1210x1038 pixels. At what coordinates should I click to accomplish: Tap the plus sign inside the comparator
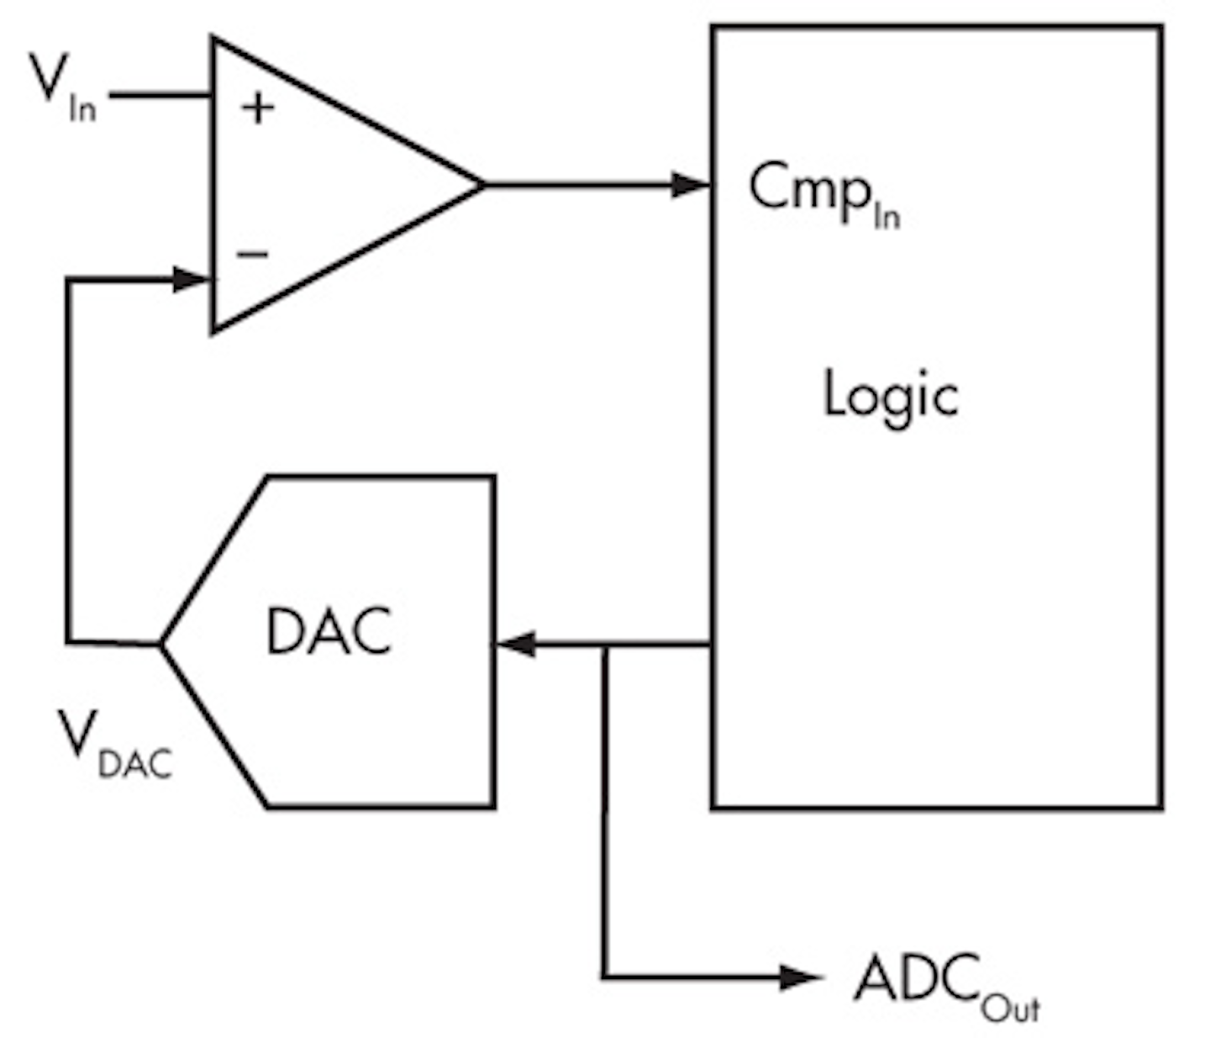pos(257,108)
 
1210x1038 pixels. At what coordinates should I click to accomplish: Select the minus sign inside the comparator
pos(252,254)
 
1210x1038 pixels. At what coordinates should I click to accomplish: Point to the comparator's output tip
pos(483,185)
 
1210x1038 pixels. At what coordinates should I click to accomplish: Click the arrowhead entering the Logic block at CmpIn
pos(691,185)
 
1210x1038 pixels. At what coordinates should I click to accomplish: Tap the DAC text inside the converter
pos(329,631)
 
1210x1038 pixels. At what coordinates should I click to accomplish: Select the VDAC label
pos(113,745)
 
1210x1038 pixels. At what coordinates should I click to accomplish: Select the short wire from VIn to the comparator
pos(160,96)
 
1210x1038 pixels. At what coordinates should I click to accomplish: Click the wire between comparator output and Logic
pos(588,185)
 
